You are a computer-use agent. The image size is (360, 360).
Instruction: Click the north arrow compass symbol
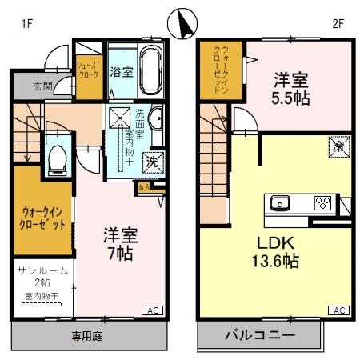[183, 23]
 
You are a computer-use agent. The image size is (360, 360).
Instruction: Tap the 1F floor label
[27, 24]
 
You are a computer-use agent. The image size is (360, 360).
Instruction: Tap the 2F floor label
[337, 24]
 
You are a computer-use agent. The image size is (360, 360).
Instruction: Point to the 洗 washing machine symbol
[153, 161]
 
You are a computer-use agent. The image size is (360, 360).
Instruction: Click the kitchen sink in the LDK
[281, 202]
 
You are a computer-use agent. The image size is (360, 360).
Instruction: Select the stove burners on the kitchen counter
[322, 202]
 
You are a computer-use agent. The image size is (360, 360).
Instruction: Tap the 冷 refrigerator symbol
[338, 146]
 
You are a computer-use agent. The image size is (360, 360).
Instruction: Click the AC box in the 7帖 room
[150, 310]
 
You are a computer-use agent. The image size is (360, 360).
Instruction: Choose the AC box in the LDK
[338, 310]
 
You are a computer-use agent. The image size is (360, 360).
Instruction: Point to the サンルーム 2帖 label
[42, 278]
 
